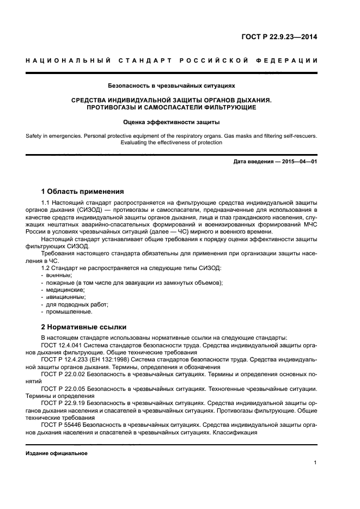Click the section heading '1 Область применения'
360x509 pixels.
(83, 191)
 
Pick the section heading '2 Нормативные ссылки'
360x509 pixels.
(84, 327)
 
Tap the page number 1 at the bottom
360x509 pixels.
(315, 463)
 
